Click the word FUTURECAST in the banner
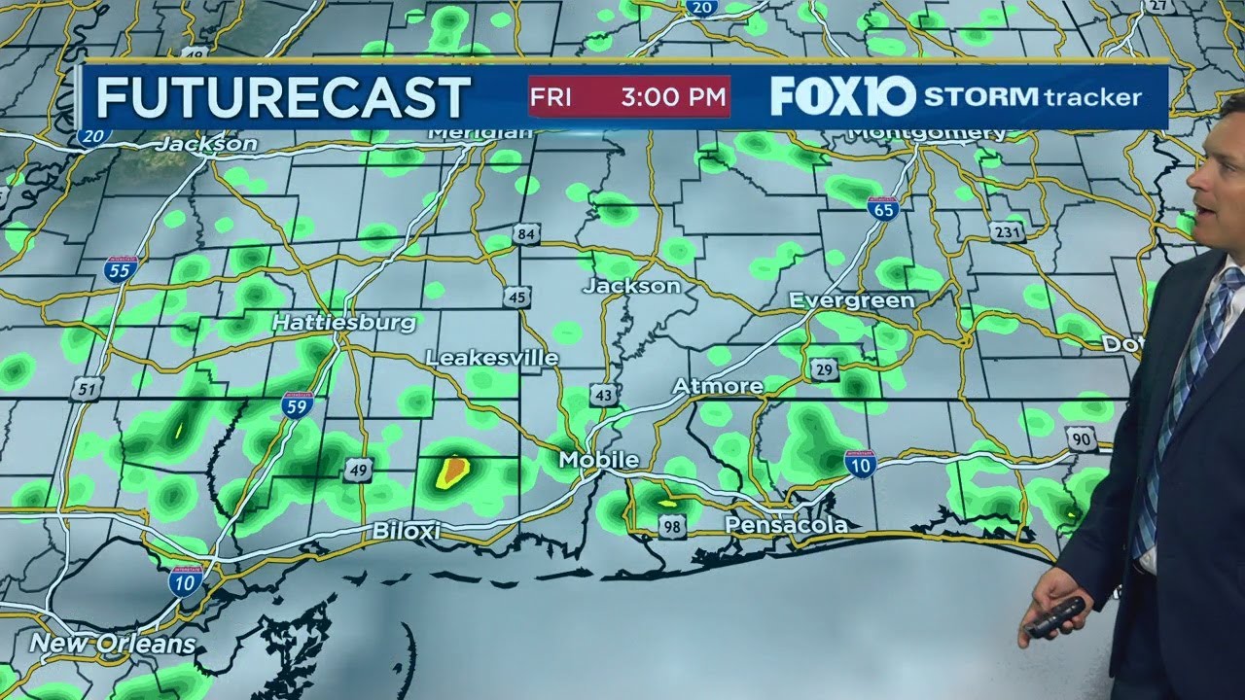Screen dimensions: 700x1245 (283, 97)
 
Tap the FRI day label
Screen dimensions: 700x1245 (551, 97)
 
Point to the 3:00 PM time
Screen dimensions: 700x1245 (673, 97)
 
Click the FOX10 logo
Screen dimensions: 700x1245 (842, 96)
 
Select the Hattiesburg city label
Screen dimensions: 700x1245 (343, 322)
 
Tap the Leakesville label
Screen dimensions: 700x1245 (492, 359)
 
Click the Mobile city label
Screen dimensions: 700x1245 (598, 460)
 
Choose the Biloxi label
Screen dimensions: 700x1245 (407, 531)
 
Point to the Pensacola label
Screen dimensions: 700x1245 (786, 525)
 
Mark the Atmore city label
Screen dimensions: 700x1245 (718, 386)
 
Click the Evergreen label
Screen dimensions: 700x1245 (852, 300)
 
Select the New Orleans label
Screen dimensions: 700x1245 (113, 644)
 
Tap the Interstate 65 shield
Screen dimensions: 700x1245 (883, 209)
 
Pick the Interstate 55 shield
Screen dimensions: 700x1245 (121, 268)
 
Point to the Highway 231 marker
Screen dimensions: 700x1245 (1008, 231)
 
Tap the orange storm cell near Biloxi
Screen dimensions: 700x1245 (452, 472)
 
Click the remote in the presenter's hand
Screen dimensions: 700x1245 (1055, 617)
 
